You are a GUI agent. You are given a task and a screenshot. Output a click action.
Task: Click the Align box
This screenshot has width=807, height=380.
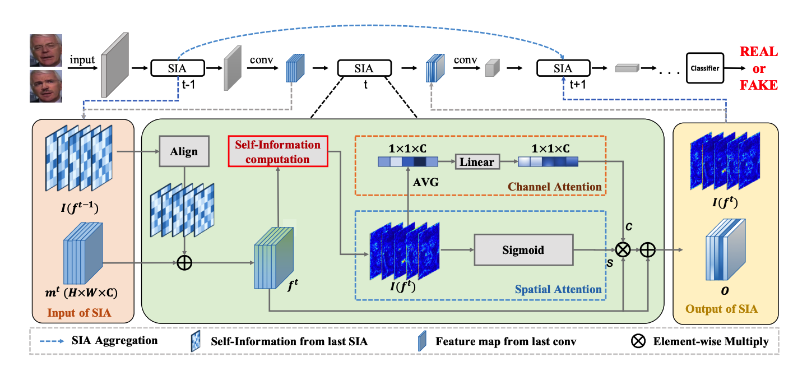[184, 152]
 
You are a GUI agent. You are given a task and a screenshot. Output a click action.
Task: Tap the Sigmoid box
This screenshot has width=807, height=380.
[524, 250]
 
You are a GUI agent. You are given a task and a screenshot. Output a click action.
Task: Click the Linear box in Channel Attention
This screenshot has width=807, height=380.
[477, 162]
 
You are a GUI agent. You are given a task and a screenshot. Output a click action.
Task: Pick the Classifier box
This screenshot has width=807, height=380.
[704, 69]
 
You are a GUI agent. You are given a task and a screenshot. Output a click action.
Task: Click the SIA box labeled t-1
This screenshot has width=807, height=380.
[177, 69]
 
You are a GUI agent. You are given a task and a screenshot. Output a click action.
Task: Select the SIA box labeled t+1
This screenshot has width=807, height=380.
[563, 69]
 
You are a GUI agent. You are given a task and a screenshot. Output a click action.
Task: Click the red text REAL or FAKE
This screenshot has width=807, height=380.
[759, 68]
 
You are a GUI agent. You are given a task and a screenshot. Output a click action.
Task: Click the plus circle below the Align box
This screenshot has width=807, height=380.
[184, 262]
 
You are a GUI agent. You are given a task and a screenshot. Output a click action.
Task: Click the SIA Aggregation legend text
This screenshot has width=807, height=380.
[114, 341]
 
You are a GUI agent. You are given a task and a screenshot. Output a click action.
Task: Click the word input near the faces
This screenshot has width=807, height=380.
[82, 59]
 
